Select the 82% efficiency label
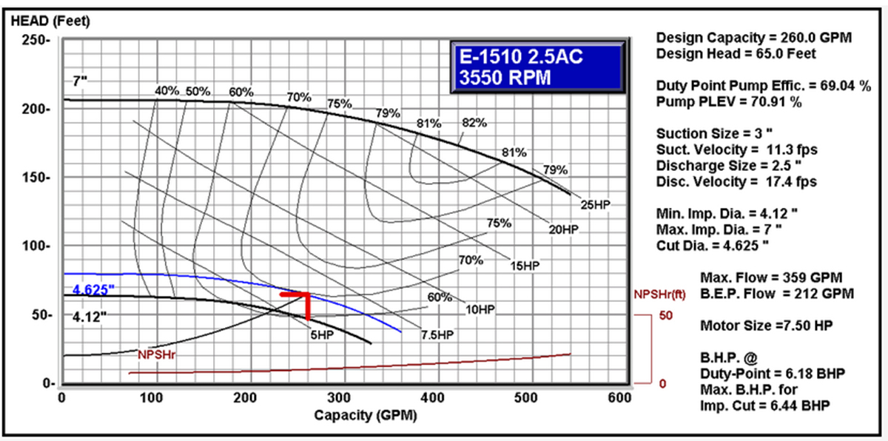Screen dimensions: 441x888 (474, 122)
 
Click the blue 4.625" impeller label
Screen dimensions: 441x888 (94, 289)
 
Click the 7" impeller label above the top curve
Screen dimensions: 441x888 (81, 81)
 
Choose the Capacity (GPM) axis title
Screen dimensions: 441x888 (365, 415)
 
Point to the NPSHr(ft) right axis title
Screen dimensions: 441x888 (663, 294)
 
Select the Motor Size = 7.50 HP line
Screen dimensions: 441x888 (756, 324)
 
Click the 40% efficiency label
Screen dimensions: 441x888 (166, 91)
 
